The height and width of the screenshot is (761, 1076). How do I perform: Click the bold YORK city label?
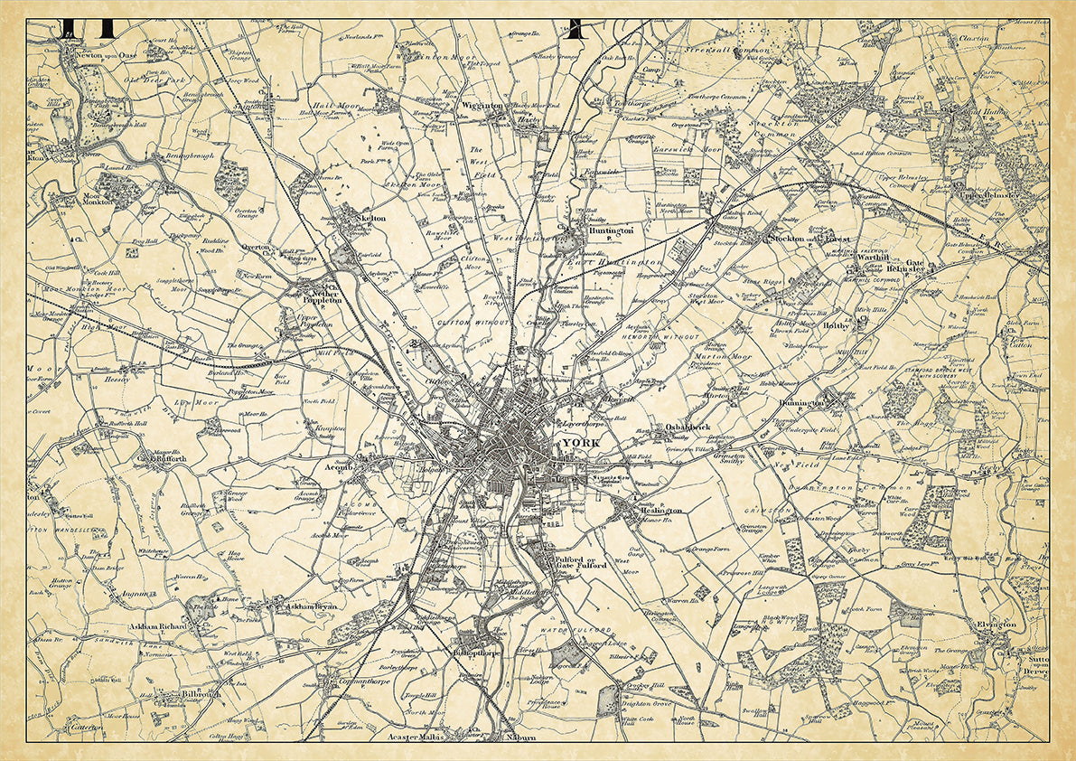pos(580,443)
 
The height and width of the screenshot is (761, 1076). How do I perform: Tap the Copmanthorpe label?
pos(358,682)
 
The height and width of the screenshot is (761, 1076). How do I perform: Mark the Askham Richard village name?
pos(158,625)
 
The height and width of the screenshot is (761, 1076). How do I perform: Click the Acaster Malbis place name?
pos(436,738)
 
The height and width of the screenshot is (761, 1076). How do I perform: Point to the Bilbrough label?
pos(200,696)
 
